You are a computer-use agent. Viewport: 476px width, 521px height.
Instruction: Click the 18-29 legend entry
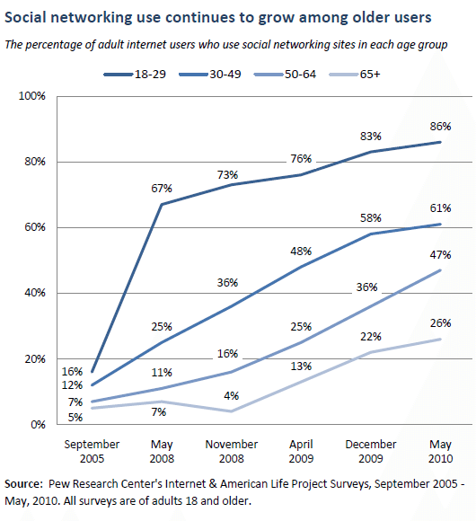pyautogui.click(x=135, y=74)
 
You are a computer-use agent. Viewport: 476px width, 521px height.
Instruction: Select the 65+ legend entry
pyautogui.click(x=354, y=74)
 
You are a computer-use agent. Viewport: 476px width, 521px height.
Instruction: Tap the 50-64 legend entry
pyautogui.click(x=285, y=74)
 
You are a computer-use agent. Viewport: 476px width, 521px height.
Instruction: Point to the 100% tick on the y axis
pyautogui.click(x=32, y=96)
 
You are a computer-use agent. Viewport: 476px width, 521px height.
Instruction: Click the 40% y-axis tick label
pyautogui.click(x=35, y=293)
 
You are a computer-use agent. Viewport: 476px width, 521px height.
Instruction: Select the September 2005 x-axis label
pyautogui.click(x=92, y=451)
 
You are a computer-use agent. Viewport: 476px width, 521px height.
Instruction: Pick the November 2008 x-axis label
pyautogui.click(x=232, y=451)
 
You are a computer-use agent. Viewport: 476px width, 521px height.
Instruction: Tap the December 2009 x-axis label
pyautogui.click(x=371, y=451)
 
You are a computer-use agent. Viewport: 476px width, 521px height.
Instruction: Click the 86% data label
pyautogui.click(x=440, y=127)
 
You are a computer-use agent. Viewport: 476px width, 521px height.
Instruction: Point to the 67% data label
pyautogui.click(x=162, y=189)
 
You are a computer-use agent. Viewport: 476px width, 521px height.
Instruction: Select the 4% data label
pyautogui.click(x=232, y=396)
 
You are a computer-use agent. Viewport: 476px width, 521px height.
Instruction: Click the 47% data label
pyautogui.click(x=440, y=255)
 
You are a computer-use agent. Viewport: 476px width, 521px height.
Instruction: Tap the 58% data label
pyautogui.click(x=371, y=218)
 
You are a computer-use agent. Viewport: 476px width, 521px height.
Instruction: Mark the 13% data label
pyautogui.click(x=301, y=366)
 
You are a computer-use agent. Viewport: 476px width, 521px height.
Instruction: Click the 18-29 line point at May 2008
pyautogui.click(x=162, y=204)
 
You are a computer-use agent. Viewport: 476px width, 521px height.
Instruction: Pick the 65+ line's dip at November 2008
pyautogui.click(x=232, y=411)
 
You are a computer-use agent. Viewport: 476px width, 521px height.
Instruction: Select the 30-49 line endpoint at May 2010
pyautogui.click(x=440, y=225)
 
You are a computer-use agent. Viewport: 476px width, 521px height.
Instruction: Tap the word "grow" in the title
pyautogui.click(x=275, y=18)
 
